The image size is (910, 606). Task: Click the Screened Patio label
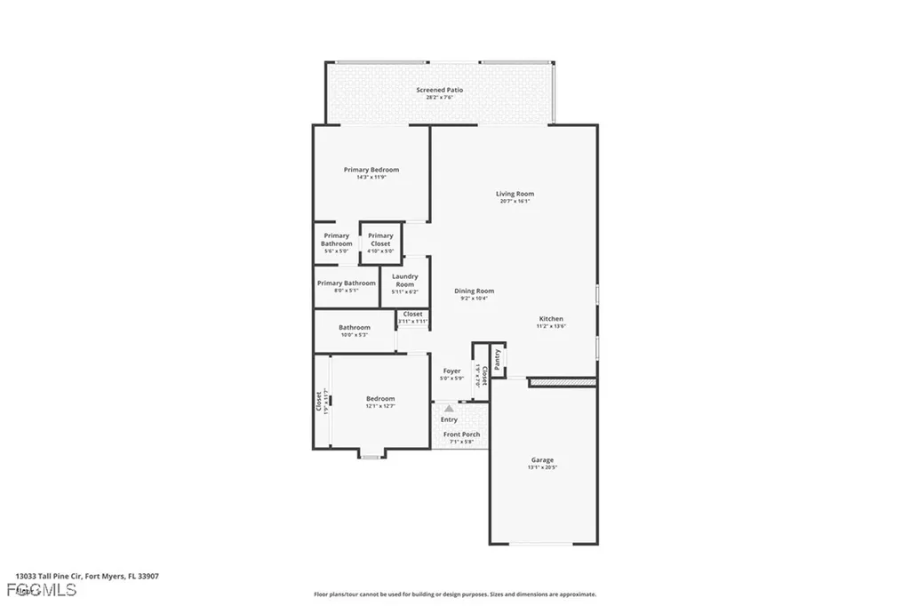pos(439,90)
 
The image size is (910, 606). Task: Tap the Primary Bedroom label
pos(371,170)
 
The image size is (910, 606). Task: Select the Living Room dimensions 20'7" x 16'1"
pos(515,202)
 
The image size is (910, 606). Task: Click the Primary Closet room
pos(380,243)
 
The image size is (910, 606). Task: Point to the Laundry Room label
pos(404,281)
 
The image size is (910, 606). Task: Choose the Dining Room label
pos(474,291)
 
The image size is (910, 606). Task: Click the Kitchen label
pos(551,319)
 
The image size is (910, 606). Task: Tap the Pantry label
pos(498,358)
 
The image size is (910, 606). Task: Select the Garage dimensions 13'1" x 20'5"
pos(542,467)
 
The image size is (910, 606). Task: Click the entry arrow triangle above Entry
pos(449,408)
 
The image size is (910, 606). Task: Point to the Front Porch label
pos(461,435)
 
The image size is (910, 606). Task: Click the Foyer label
pos(451,371)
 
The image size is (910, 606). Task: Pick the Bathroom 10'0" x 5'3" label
pos(354,327)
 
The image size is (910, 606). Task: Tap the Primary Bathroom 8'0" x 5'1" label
pos(347,283)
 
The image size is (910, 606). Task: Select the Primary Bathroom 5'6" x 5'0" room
pos(336,243)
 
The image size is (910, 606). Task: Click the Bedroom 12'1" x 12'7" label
pos(380,399)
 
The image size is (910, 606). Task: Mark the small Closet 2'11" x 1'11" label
pos(413,314)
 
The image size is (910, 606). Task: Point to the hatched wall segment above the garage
pos(562,382)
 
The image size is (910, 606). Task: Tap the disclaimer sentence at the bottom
pos(454,594)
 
